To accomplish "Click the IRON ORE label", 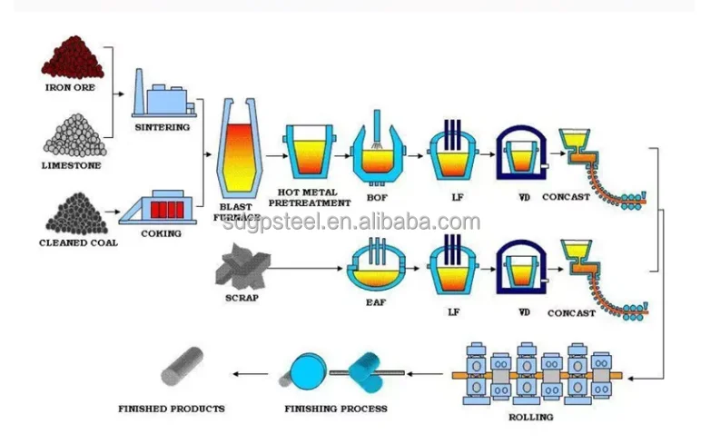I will [71, 88].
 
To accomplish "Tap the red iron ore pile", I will [71, 58].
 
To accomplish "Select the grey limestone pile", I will [71, 136].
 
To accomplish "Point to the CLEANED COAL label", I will [77, 242].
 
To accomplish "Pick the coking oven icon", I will [162, 206].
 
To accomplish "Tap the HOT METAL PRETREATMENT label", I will [310, 197].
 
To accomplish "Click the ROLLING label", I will [530, 417].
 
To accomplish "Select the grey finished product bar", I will [183, 368].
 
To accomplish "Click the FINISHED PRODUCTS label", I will [172, 409].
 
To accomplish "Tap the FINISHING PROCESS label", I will [336, 409].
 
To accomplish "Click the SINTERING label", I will [162, 127].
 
